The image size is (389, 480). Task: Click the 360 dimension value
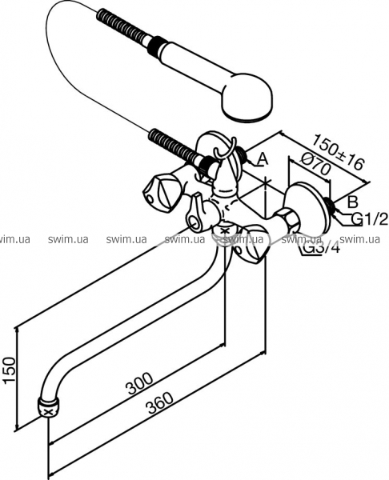tap(160, 403)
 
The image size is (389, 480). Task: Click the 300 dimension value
tap(140, 383)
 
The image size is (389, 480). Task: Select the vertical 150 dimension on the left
tap(9, 370)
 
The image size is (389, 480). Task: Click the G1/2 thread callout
tap(370, 218)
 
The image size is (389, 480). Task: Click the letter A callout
tap(262, 159)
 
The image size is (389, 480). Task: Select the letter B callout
tap(352, 202)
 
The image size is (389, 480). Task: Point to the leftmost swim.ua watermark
tap(14, 239)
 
